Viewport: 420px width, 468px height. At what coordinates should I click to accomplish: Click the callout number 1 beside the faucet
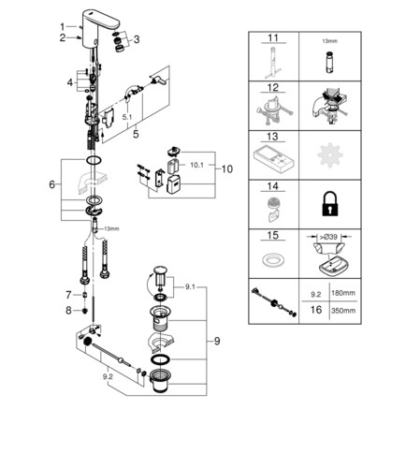pos(63,27)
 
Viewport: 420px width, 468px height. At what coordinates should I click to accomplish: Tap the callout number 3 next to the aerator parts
pos(137,39)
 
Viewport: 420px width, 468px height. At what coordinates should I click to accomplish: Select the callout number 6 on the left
pos(52,184)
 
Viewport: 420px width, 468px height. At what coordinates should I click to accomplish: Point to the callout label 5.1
pos(127,117)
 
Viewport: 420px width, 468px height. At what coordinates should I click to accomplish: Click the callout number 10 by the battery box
pos(227,169)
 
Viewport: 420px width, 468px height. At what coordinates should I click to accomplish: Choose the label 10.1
pos(196,165)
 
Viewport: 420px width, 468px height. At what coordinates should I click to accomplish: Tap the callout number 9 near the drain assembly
pos(217,341)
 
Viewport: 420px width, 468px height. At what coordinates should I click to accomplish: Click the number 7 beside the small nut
pos(68,295)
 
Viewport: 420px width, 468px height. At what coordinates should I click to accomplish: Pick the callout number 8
pos(68,311)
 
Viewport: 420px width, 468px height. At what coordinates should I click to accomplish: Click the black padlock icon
pos(330,204)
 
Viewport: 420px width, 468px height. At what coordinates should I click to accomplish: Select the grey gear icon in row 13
pos(330,154)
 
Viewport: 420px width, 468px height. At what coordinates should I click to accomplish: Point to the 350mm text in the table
pos(343,311)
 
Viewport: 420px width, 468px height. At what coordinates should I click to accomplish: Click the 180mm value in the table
pos(343,293)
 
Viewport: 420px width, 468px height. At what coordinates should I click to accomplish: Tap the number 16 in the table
pos(316,310)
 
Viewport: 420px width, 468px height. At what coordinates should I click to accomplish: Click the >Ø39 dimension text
pos(328,237)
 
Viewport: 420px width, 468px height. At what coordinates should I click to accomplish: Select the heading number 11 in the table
pos(273,38)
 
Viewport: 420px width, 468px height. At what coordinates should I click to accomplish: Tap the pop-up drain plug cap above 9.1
pos(160,271)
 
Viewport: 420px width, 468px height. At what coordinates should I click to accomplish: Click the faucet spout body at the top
pos(99,28)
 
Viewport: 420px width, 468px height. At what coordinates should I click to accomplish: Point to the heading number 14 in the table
pos(272,186)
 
